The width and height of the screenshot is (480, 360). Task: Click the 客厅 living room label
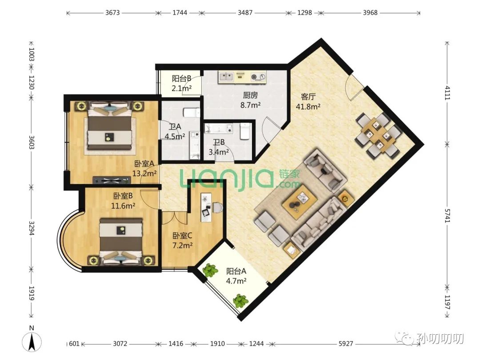(308, 97)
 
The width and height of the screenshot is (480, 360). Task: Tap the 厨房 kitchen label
(250, 95)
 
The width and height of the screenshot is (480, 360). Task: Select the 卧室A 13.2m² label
(144, 169)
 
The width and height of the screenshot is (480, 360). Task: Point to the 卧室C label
(182, 236)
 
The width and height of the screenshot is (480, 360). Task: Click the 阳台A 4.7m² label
(236, 276)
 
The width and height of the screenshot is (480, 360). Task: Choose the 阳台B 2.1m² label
(181, 84)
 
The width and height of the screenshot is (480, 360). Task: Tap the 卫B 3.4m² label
(219, 147)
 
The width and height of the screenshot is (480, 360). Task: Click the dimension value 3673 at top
(112, 12)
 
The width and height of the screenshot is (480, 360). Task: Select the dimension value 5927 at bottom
(346, 344)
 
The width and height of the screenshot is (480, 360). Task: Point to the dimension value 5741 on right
(447, 216)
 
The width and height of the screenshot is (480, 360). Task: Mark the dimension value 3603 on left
(31, 142)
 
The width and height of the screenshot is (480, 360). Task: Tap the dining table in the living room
(378, 135)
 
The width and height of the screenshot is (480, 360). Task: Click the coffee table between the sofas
(300, 202)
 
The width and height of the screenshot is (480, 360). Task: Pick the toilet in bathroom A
(191, 112)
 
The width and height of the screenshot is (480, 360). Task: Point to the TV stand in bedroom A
(112, 180)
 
